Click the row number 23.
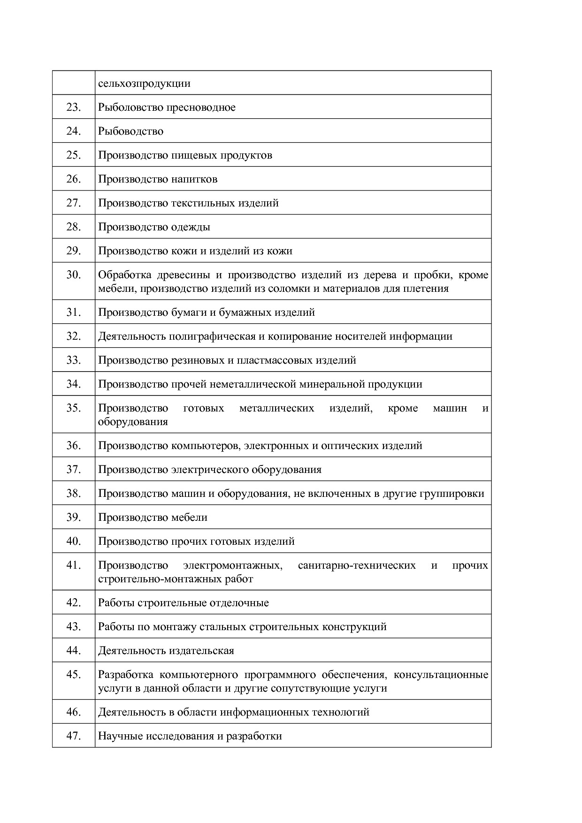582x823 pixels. click(74, 107)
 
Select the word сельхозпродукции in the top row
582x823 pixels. click(144, 84)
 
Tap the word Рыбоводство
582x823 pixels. click(130, 131)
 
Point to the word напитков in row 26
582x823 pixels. click(194, 179)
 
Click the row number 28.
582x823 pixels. click(74, 227)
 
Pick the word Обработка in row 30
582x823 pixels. click(124, 275)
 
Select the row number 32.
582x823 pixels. click(74, 336)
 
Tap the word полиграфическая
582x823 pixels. click(212, 336)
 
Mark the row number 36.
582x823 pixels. click(74, 446)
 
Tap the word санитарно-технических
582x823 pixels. click(357, 565)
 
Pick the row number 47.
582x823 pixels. click(74, 736)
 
